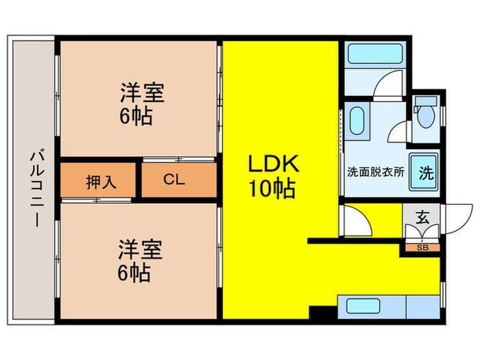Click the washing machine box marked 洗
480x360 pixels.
tap(426, 173)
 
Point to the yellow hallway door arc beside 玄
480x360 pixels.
tap(357, 221)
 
